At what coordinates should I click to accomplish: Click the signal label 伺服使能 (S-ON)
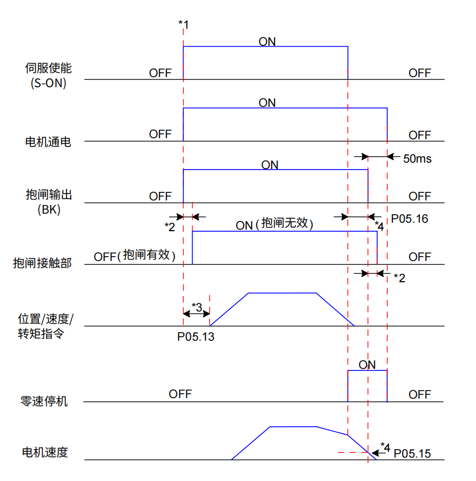coord(48,75)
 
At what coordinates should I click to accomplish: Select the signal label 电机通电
coord(48,142)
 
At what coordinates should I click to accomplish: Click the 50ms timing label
coord(417,158)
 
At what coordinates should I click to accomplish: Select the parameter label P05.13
coord(196,336)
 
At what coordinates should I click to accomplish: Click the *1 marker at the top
coord(183,24)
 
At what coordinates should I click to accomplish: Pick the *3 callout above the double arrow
coord(196,307)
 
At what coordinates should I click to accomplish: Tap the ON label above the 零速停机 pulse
coord(367,365)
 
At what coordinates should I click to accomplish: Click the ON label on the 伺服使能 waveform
coord(267,41)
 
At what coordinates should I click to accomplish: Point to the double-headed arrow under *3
coord(196,314)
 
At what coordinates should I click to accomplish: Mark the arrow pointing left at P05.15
coord(379,453)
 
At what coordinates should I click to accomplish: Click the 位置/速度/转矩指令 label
coord(45,326)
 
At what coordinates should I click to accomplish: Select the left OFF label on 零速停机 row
coord(180,394)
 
